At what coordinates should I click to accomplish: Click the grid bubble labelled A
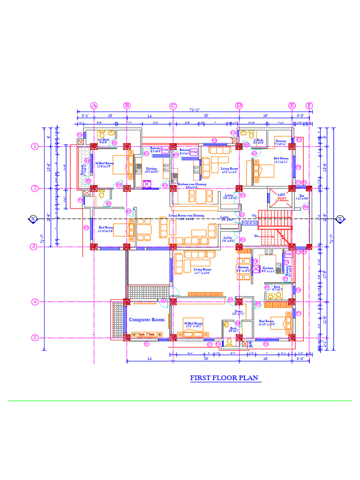(94, 105)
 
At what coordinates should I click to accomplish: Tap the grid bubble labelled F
(309, 105)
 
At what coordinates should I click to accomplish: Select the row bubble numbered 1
(35, 146)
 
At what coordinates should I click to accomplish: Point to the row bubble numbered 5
(35, 337)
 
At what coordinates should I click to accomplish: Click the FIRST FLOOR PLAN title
(224, 378)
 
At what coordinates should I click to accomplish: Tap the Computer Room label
(147, 320)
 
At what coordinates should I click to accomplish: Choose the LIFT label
(281, 195)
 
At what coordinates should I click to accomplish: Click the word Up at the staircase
(255, 216)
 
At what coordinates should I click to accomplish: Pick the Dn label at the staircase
(256, 236)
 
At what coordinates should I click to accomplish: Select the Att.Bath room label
(103, 140)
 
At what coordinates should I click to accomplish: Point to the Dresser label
(281, 141)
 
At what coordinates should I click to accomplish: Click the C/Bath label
(258, 140)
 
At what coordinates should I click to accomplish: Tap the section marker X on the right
(339, 218)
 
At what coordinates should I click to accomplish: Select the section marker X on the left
(33, 218)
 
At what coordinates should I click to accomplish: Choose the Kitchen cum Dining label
(191, 185)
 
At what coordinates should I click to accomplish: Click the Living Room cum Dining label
(186, 215)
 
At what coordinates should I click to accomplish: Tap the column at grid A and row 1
(94, 146)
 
